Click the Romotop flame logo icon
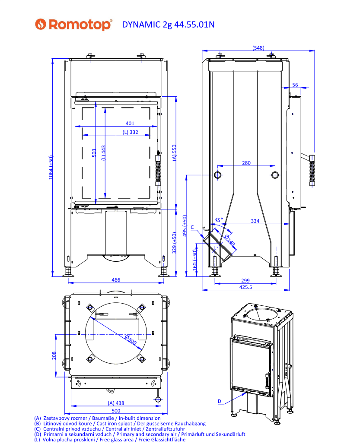(x=41, y=24)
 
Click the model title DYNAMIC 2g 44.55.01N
(x=168, y=25)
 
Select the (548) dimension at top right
(x=258, y=48)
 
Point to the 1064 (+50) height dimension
(x=51, y=167)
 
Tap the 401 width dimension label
(x=130, y=124)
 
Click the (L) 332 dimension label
(x=131, y=132)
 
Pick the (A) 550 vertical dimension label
(x=174, y=153)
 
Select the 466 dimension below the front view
(x=116, y=280)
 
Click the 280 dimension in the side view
(x=246, y=163)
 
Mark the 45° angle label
(x=219, y=220)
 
